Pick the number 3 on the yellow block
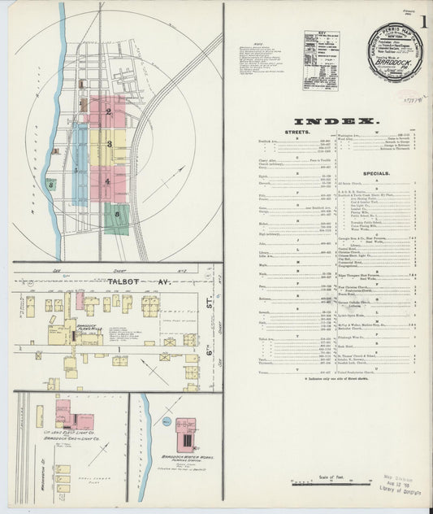[x=107, y=144]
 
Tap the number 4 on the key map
[x=106, y=181]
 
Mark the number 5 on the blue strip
[x=77, y=171]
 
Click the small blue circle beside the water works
[x=165, y=424]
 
